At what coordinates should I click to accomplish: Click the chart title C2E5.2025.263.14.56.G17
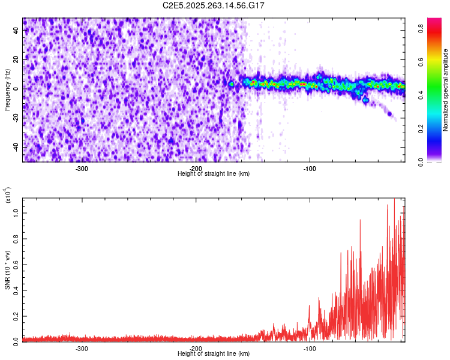(214, 5)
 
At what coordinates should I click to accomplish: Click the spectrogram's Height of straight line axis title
(214, 173)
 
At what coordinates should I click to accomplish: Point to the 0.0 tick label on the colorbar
(422, 161)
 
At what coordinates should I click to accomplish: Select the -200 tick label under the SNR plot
(196, 348)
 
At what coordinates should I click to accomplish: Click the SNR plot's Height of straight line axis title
(214, 353)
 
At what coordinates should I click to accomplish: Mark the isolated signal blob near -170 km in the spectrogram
(231, 84)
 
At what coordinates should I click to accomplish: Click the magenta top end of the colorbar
(434, 21)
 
